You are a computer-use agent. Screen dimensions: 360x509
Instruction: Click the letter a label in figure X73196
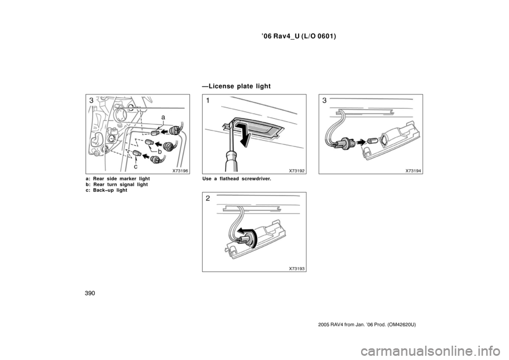163,115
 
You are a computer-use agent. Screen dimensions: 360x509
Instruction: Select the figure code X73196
180,171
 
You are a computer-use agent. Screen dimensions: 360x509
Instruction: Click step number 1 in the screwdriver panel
208,101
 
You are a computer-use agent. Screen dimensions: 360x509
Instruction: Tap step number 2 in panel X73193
208,198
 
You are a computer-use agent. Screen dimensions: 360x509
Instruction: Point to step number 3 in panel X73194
324,101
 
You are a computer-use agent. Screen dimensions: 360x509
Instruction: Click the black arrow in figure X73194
362,142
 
